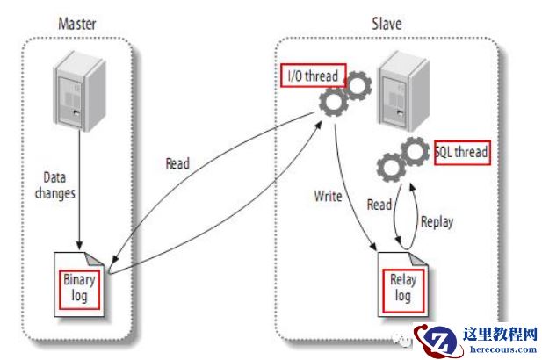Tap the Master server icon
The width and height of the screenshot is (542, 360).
point(77,90)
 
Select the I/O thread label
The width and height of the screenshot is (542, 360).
point(313,76)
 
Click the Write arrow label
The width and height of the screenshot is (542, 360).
point(327,196)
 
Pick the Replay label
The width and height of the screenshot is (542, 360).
point(437,221)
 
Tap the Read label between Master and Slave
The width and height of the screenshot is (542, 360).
point(177,163)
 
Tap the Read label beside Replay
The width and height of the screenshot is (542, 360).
point(379,205)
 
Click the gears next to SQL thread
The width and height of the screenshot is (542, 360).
point(402,159)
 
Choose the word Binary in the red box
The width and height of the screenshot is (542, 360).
point(78,280)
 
